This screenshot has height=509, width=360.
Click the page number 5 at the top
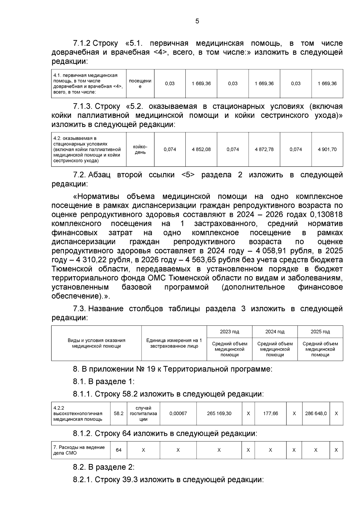[x=197, y=21]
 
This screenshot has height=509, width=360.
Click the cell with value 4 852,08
[x=201, y=149]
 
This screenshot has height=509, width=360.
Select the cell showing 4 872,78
[x=264, y=149]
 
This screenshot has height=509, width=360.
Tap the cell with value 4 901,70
[x=327, y=149]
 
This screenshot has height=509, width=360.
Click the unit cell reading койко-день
[x=140, y=149]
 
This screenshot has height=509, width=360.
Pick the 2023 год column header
[x=229, y=332]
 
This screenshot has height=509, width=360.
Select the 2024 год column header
[x=275, y=332]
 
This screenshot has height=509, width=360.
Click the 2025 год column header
[x=320, y=332]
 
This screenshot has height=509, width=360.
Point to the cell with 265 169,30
[x=219, y=413]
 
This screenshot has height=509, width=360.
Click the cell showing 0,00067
[x=178, y=413]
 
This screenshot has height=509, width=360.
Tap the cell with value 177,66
[x=270, y=413]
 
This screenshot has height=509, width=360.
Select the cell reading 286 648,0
[x=316, y=413]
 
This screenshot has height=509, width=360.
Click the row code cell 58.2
[x=118, y=413]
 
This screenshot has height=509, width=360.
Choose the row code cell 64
[x=118, y=450]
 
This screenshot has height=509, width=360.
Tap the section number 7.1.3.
[x=82, y=106]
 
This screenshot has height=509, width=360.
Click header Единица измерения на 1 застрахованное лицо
[x=174, y=343]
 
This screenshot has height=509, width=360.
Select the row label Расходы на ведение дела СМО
[x=79, y=450]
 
